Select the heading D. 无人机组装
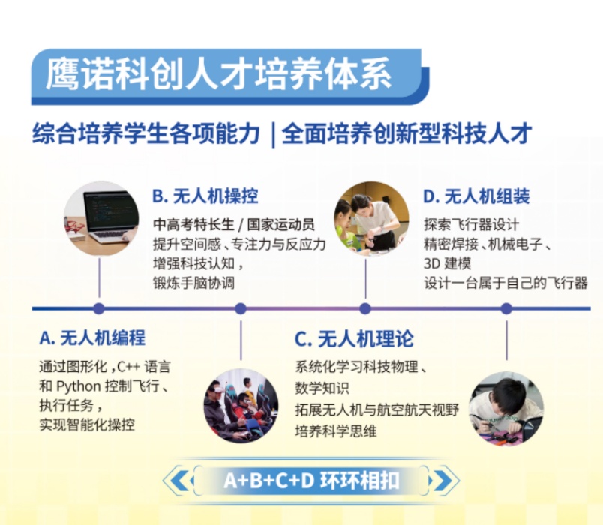point(476,196)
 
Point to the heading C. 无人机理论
point(353,338)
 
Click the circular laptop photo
point(100,217)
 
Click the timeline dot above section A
point(99,308)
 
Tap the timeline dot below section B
point(241,308)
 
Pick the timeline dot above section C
point(365,308)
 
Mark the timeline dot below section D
point(506,308)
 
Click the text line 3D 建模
point(448,263)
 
